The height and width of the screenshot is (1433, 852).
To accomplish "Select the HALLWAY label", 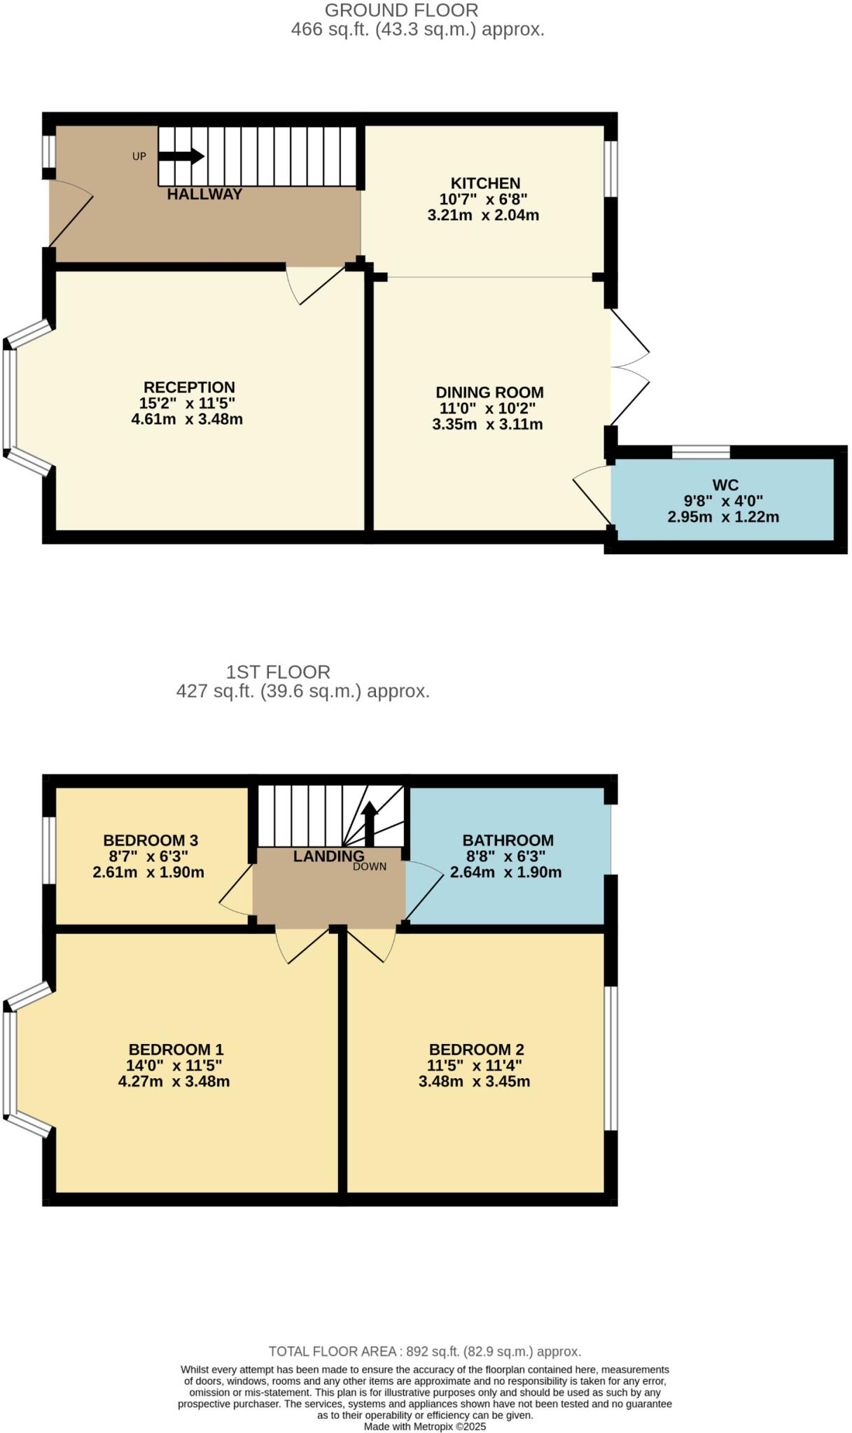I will coord(204,195).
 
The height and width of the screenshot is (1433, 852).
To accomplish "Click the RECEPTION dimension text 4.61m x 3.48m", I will coord(187,420).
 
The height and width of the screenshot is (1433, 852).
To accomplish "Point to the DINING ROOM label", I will coord(489,393).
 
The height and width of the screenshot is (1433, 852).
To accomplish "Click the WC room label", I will coord(725,485).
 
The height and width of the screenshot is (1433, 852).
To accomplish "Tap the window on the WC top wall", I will coord(700,452).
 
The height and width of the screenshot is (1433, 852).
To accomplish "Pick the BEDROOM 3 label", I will coord(151,840).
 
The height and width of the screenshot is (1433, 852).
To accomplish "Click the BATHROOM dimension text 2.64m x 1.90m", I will coord(505,873).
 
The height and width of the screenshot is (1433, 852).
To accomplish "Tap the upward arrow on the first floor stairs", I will coord(369,822).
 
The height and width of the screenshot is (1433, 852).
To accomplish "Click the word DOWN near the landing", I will coord(370,867).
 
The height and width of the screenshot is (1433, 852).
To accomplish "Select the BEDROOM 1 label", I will coord(176,1050).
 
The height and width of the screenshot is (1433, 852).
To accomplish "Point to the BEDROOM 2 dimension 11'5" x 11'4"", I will coord(475,1066).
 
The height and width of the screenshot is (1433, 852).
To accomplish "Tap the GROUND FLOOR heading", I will coord(401,10).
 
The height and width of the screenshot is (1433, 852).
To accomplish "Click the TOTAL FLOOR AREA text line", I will coord(425,1351).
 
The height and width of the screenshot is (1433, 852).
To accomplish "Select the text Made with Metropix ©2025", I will coord(425,1426).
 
